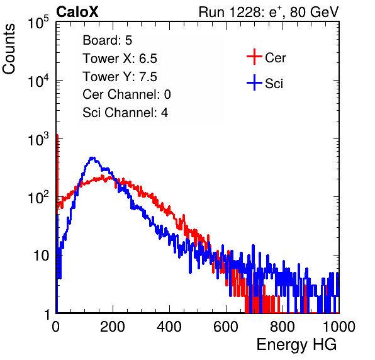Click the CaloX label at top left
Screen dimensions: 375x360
77,12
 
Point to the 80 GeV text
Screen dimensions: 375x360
314,12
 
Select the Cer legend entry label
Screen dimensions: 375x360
275,58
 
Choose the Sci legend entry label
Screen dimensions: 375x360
274,84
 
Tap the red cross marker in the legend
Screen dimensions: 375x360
254,57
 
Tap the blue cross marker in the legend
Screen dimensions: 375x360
254,82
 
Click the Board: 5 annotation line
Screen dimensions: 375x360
108,40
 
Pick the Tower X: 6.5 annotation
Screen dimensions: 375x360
120,59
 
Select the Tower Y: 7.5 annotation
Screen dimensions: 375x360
120,77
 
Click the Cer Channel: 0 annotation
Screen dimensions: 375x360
126,94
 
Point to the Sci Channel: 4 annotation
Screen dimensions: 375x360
125,113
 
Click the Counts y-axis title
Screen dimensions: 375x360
9,49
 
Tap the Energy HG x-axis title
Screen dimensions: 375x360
296,345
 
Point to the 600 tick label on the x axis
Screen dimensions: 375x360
226,327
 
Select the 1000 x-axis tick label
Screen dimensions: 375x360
339,327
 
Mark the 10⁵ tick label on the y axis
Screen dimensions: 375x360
38,23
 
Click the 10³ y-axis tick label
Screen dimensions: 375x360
38,139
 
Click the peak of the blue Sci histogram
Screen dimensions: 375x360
92,158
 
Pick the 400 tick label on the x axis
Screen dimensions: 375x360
169,327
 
